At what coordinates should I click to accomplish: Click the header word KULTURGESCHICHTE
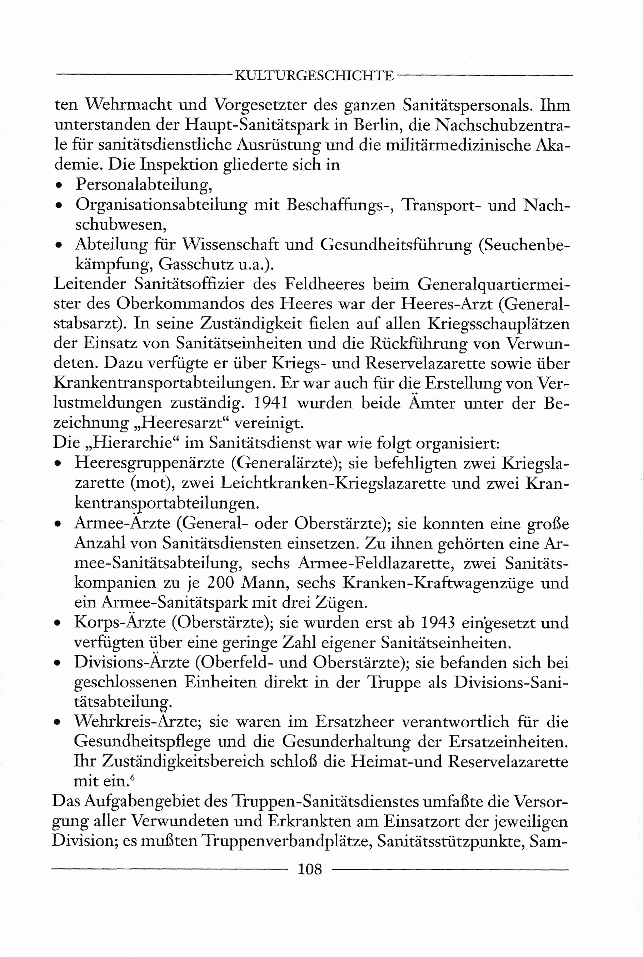314,76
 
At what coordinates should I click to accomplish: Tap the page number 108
310,869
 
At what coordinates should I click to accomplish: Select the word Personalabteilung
144,185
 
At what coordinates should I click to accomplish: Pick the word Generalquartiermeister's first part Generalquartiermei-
494,284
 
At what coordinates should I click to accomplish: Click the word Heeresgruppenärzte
149,463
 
